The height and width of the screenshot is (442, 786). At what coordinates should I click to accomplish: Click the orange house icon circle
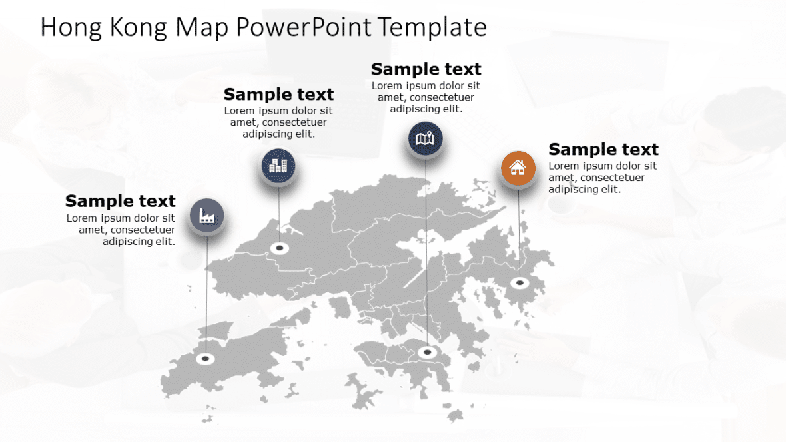518,168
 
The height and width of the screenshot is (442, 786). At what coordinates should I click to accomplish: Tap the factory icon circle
206,216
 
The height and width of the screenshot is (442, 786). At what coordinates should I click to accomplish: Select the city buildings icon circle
278,165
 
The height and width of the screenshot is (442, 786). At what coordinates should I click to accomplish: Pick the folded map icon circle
425,139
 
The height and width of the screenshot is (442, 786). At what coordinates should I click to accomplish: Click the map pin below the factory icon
206,359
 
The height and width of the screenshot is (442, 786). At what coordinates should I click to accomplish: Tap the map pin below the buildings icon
280,248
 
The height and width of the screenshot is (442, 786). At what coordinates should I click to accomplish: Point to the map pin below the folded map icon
426,351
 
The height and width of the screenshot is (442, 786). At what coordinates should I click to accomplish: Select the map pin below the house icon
520,283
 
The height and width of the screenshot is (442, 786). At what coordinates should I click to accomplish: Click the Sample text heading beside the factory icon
121,201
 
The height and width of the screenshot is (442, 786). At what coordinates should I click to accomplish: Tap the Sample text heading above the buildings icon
278,94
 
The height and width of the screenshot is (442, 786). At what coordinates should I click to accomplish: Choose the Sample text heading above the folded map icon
426,69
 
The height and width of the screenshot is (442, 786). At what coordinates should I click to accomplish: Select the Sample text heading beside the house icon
603,150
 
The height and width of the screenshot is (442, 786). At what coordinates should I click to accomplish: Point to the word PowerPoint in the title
304,28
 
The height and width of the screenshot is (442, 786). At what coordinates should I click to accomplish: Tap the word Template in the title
432,28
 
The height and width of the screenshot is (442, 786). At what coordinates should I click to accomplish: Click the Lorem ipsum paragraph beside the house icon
602,178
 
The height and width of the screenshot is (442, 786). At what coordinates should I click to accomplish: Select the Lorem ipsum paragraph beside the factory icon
121,230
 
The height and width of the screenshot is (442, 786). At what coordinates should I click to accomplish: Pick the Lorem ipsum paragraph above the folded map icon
426,97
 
